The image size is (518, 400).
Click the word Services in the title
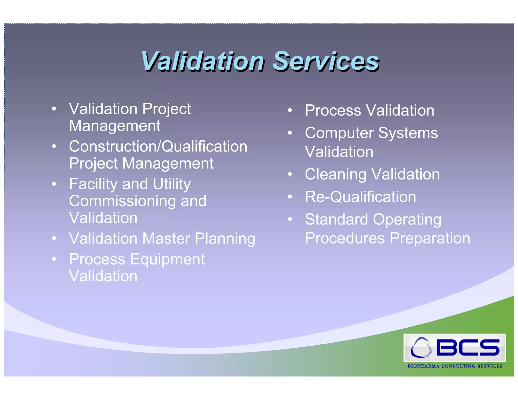click(x=326, y=61)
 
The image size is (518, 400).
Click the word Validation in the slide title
click(x=202, y=61)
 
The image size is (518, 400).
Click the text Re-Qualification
click(x=360, y=197)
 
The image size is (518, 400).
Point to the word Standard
click(x=336, y=219)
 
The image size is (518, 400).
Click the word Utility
click(x=172, y=184)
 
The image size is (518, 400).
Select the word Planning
click(x=225, y=238)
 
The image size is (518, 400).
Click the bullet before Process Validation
click(x=290, y=110)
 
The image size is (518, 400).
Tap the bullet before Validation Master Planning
click(x=54, y=238)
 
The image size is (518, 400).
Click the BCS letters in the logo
click(x=468, y=347)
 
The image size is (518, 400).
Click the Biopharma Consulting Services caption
click(x=455, y=366)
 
